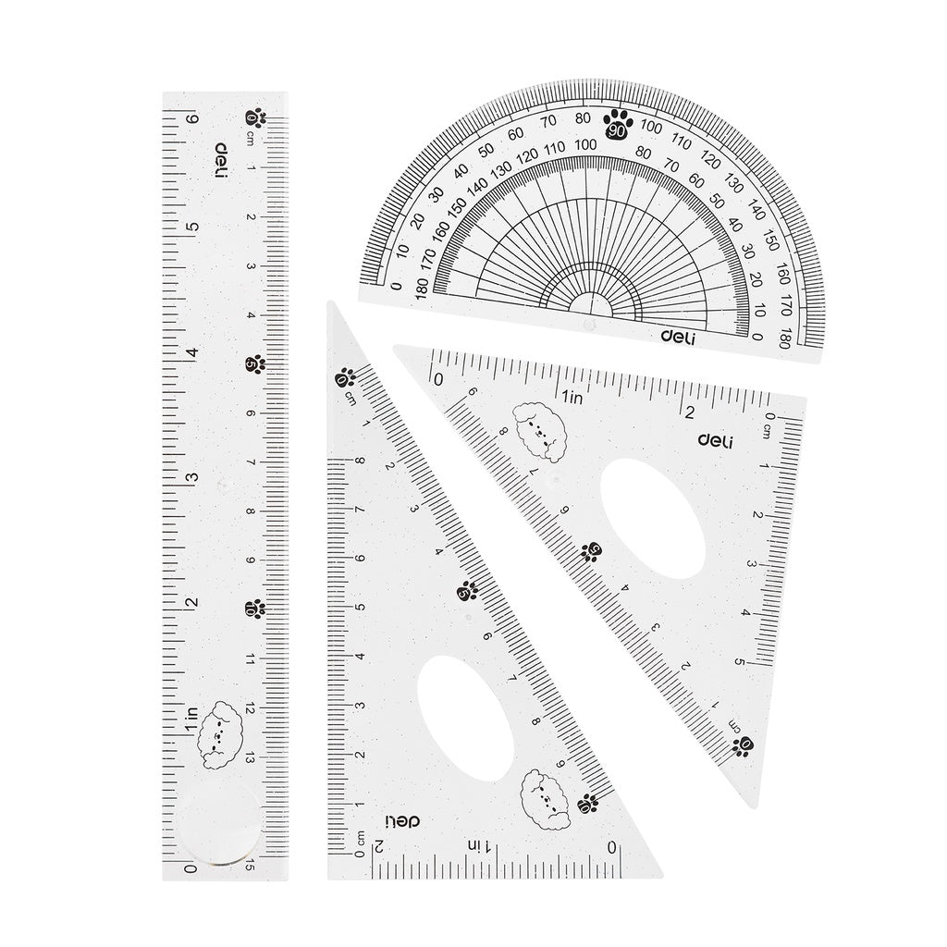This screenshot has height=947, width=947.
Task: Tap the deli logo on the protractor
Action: tap(678, 338)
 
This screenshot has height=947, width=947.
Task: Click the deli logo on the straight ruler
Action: tap(221, 160)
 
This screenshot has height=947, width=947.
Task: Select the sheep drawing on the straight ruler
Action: tap(220, 735)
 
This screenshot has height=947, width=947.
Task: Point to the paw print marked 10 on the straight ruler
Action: tap(254, 609)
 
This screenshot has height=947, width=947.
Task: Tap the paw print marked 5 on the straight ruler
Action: tap(256, 363)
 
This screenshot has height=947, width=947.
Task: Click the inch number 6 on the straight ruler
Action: tap(192, 118)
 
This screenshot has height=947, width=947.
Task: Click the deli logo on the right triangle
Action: tap(714, 441)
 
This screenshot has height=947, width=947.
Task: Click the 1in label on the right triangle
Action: tap(572, 398)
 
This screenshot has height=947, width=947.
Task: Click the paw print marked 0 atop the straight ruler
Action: tap(254, 118)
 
